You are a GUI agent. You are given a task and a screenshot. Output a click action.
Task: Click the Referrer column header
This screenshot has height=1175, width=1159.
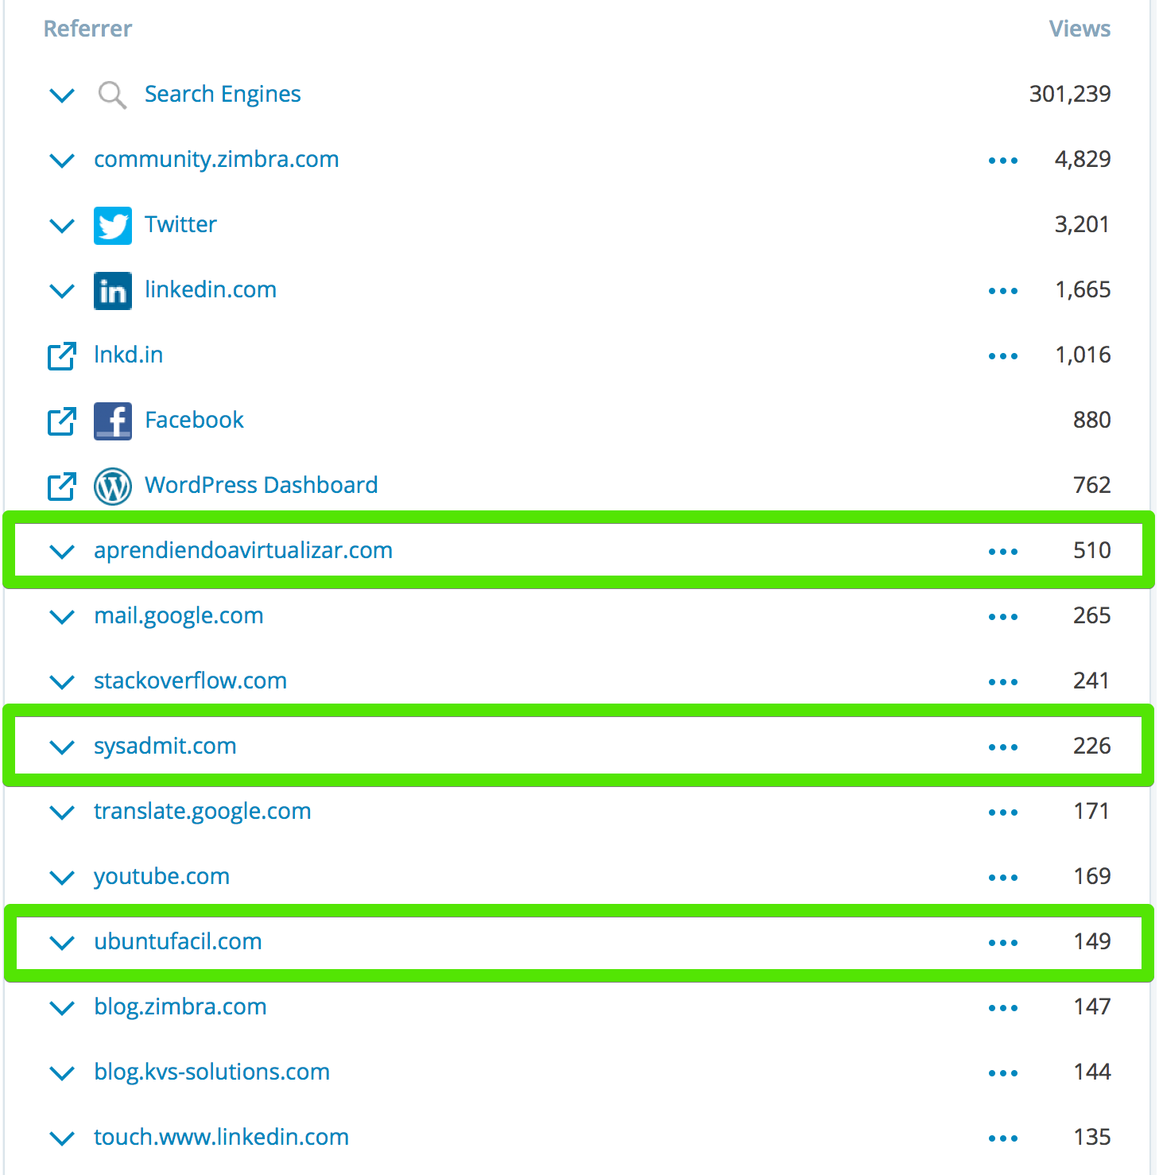point(87,29)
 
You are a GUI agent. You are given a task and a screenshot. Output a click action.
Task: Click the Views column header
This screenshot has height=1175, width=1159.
point(1080,29)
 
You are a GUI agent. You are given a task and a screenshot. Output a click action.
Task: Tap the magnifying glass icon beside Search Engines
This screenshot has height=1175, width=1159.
point(112,95)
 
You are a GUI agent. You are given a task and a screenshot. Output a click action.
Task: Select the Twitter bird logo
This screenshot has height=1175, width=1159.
point(113,225)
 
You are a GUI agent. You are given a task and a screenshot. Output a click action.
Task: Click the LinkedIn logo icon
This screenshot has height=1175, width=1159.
point(113,290)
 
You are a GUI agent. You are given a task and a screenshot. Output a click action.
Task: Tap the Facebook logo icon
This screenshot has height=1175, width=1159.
point(113,421)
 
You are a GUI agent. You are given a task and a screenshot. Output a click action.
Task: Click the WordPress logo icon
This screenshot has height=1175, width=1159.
point(113,486)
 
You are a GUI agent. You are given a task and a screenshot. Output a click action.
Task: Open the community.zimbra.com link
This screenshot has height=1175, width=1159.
point(216,160)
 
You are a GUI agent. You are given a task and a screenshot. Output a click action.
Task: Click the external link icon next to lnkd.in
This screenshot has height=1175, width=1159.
point(62,355)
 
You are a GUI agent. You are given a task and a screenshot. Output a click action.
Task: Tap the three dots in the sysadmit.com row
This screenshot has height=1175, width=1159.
point(1003,746)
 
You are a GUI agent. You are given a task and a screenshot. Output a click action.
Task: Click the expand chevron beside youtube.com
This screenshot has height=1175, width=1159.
point(62,878)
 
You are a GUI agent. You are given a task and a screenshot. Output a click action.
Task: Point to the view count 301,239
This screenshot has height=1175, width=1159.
point(1070,94)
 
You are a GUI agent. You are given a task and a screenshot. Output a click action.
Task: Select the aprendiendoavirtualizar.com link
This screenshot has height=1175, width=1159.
point(243,550)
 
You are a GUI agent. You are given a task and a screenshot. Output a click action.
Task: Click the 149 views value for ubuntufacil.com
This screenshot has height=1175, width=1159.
point(1092,941)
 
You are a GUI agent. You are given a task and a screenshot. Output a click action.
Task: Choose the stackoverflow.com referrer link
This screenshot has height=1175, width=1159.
point(190,681)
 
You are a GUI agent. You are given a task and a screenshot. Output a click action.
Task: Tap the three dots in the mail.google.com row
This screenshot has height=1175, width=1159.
point(1003,616)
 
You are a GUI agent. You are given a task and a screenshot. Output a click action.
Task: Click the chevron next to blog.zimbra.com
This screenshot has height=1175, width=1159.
point(62,1008)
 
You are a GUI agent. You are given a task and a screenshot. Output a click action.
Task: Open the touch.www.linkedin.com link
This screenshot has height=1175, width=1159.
point(221,1137)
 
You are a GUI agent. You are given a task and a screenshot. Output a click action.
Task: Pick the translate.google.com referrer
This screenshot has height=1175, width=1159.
point(202,812)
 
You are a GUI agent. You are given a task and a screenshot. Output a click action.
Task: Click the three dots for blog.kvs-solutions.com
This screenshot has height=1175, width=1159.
point(1003,1072)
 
